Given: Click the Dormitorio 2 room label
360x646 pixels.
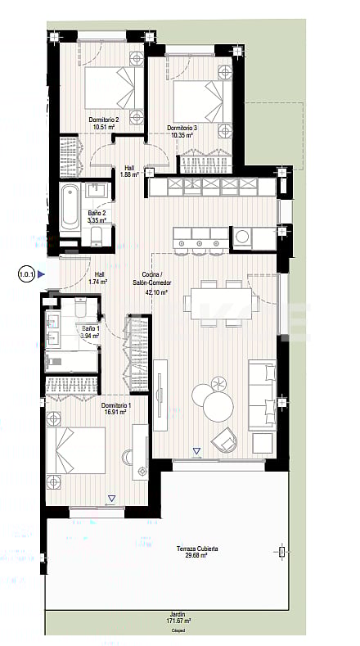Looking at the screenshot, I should coord(105,120).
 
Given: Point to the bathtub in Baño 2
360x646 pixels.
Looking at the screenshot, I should coord(69,206).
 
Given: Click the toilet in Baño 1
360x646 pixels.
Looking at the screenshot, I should coord(80,309).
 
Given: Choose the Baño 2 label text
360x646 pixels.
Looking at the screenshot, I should coord(95,214).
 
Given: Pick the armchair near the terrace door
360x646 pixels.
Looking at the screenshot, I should coord(223,441).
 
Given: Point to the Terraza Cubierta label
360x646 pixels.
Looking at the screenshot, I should coord(202,549).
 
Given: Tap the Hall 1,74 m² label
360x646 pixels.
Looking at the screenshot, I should coord(99,278).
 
